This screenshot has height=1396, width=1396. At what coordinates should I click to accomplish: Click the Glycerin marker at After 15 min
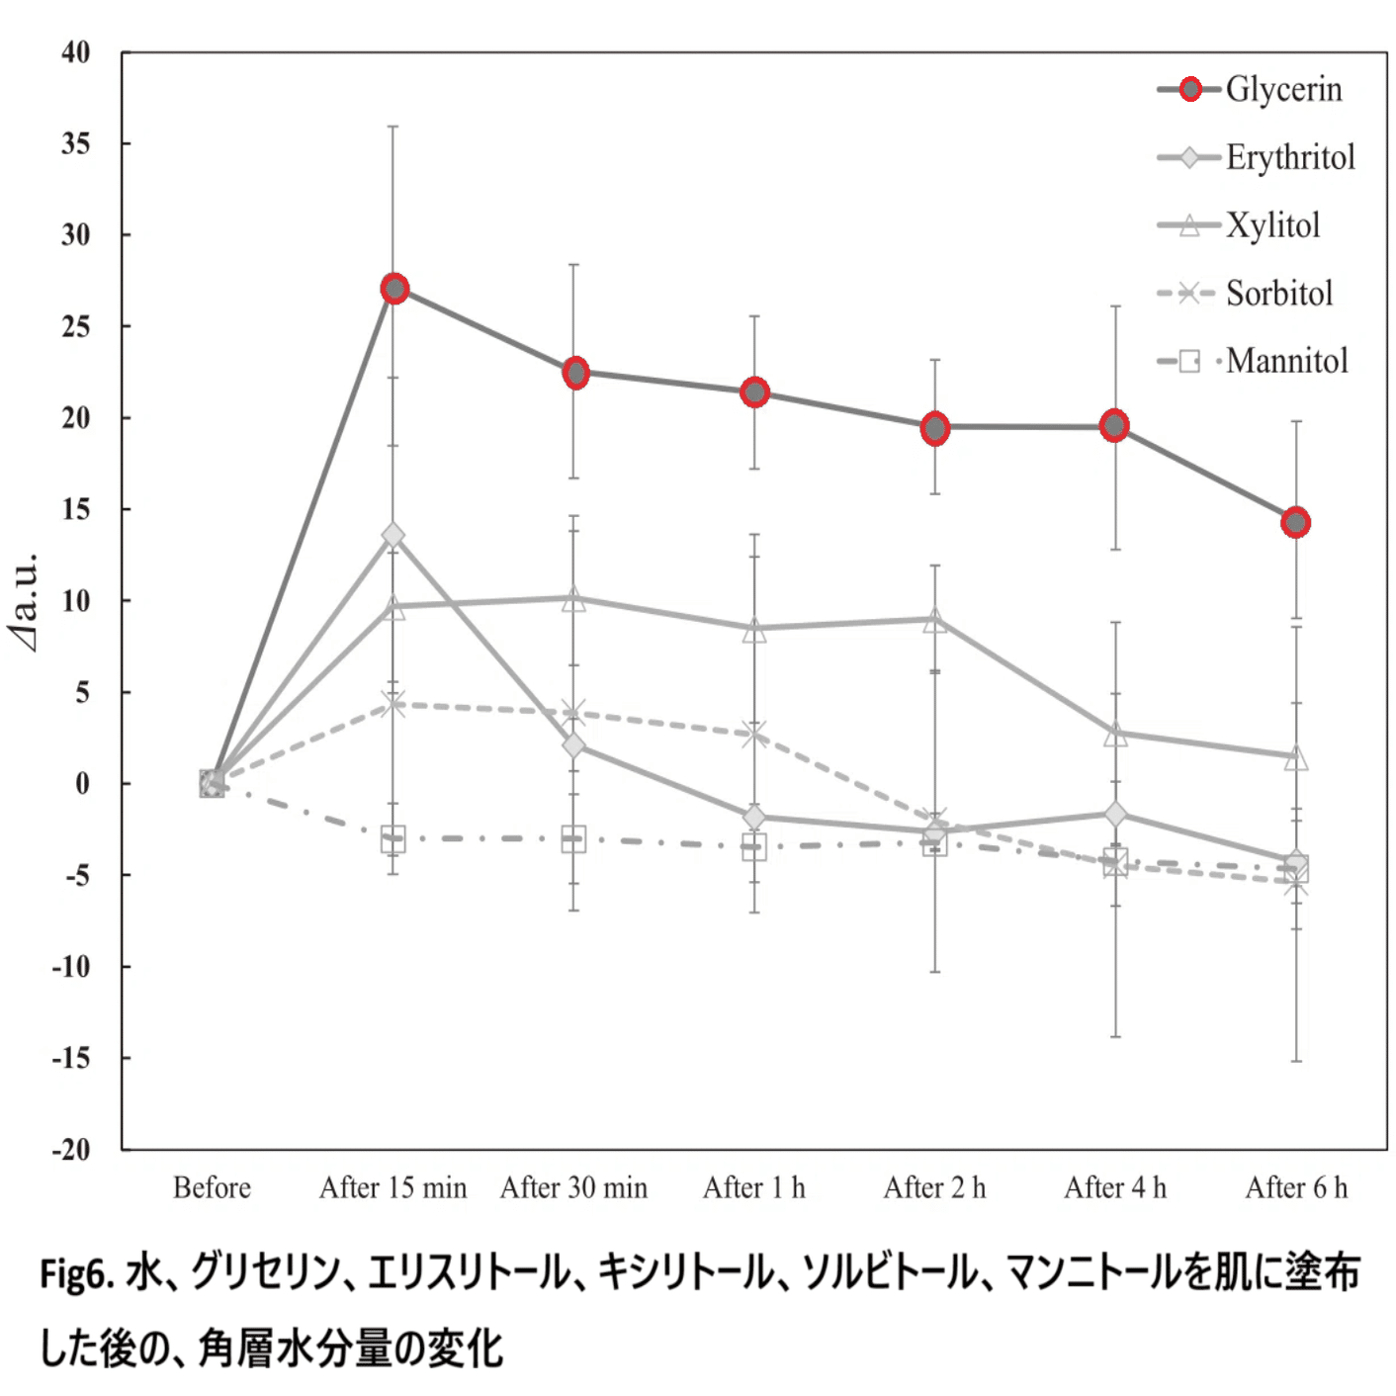[394, 289]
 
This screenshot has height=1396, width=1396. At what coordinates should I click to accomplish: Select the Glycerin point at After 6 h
[1295, 522]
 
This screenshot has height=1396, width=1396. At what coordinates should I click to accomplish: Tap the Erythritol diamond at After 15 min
[393, 535]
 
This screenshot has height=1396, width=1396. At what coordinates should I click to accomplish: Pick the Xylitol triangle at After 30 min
[573, 599]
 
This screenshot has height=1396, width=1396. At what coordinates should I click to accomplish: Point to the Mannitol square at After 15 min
[393, 839]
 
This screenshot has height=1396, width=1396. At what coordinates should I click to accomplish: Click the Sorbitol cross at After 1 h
[754, 734]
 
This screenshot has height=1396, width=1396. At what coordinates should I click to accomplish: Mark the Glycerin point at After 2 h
[935, 428]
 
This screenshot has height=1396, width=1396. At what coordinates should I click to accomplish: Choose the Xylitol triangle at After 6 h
[1295, 758]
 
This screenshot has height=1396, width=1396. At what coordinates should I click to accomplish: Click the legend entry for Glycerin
[1283, 89]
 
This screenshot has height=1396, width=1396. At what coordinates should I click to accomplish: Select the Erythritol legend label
[1290, 157]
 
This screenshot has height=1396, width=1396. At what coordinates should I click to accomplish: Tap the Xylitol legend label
[1273, 225]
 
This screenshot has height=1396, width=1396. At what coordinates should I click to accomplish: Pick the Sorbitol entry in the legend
[1279, 294]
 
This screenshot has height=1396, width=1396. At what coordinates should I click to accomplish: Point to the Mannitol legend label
[1287, 361]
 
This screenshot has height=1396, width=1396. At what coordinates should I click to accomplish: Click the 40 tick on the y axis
[76, 52]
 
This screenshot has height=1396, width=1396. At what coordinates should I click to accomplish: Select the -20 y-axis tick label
[71, 1149]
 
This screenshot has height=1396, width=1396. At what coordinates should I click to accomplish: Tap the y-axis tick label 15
[76, 509]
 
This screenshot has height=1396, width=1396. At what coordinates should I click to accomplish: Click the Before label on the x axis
[212, 1187]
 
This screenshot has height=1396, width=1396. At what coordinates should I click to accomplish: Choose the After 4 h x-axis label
[1115, 1187]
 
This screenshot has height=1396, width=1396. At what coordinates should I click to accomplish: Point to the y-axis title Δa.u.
[26, 601]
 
